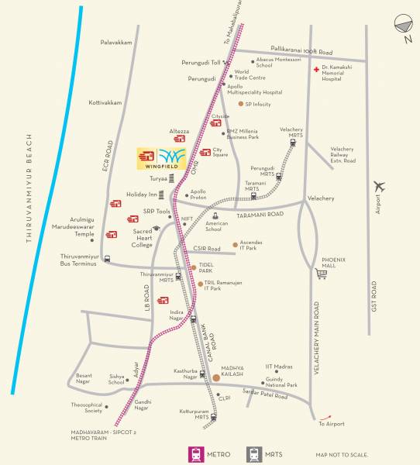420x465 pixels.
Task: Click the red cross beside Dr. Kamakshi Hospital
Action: click(315, 70)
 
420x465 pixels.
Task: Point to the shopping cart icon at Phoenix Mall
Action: click(322, 273)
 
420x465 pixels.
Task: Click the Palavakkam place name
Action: click(116, 43)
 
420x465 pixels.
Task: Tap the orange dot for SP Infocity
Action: click(241, 103)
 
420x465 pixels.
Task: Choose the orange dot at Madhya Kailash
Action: click(215, 377)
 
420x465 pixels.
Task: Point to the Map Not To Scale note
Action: click(342, 455)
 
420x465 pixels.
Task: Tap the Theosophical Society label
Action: click(88, 407)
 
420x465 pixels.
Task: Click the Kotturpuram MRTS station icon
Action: click(213, 416)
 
